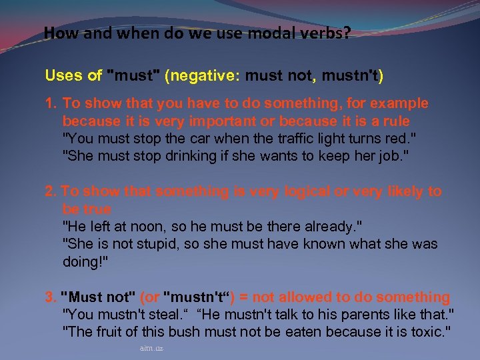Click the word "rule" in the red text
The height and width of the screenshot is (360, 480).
click(395, 122)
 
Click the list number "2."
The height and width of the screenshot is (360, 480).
click(51, 192)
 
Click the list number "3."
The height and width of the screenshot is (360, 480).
click(51, 297)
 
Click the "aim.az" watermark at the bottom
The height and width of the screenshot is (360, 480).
click(151, 348)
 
